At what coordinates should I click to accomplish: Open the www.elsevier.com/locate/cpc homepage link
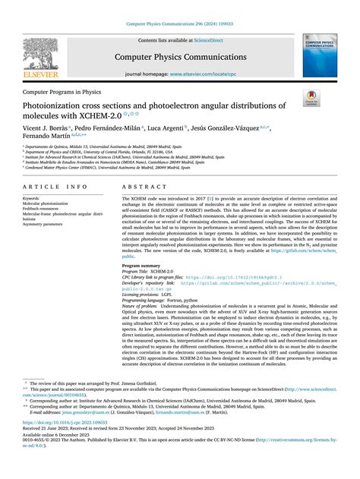(203, 74)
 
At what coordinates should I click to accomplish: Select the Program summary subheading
(142, 266)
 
